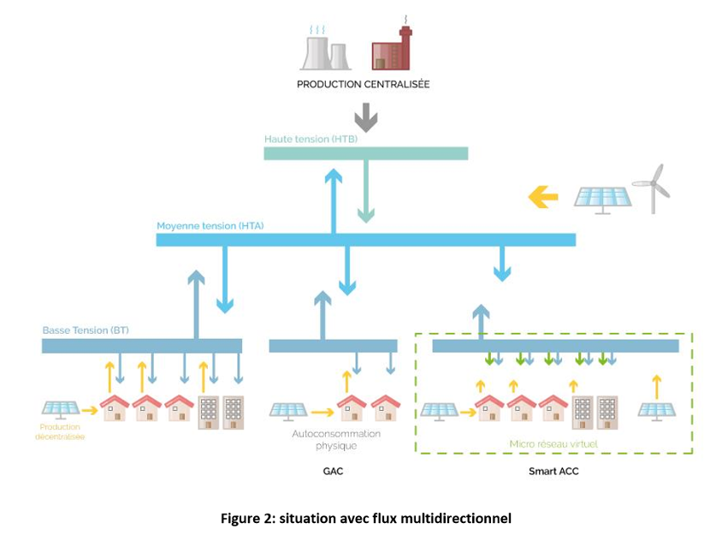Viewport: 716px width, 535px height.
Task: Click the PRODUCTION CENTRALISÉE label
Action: coord(363,85)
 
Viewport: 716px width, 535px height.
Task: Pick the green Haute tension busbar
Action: coord(366,153)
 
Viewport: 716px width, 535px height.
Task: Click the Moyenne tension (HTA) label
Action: coord(210,226)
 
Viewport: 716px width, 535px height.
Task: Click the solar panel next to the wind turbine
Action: coord(603,198)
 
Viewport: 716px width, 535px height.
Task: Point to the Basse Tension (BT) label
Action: coord(86,330)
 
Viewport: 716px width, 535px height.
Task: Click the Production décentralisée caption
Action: coord(62,431)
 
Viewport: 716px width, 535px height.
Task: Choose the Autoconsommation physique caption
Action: coord(336,440)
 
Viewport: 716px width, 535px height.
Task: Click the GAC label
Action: coord(334,472)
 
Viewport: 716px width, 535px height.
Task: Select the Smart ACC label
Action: coord(553,472)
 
